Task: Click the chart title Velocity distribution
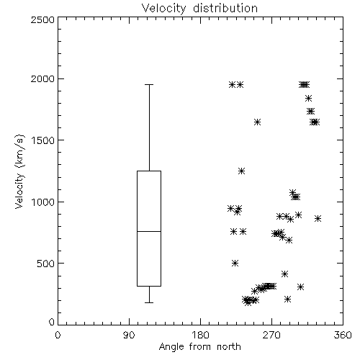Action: pyautogui.click(x=199, y=8)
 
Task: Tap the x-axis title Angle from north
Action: pyautogui.click(x=199, y=347)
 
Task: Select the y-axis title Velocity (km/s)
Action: pyautogui.click(x=19, y=171)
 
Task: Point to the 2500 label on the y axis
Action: pyautogui.click(x=43, y=19)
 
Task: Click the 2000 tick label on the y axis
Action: pyautogui.click(x=43, y=78)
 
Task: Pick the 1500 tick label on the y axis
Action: pyautogui.click(x=43, y=140)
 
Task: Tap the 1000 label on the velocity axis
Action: pyautogui.click(x=43, y=202)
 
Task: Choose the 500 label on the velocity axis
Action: pyautogui.click(x=46, y=264)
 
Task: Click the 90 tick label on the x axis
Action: pyautogui.click(x=129, y=335)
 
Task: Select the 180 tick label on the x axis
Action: pyautogui.click(x=199, y=335)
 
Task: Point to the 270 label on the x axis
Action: pyautogui.click(x=271, y=335)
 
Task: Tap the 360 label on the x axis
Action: pyautogui.click(x=343, y=335)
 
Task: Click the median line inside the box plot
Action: pyautogui.click(x=149, y=231)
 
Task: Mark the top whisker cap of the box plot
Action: pyautogui.click(x=149, y=84)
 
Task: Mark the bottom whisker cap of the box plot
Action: pyautogui.click(x=149, y=302)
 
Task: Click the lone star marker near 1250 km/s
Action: pyautogui.click(x=241, y=171)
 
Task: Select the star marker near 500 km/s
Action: pyautogui.click(x=235, y=264)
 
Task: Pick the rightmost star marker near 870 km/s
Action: pyautogui.click(x=318, y=218)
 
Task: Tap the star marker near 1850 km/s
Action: pyautogui.click(x=308, y=98)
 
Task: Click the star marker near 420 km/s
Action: pyautogui.click(x=284, y=274)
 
